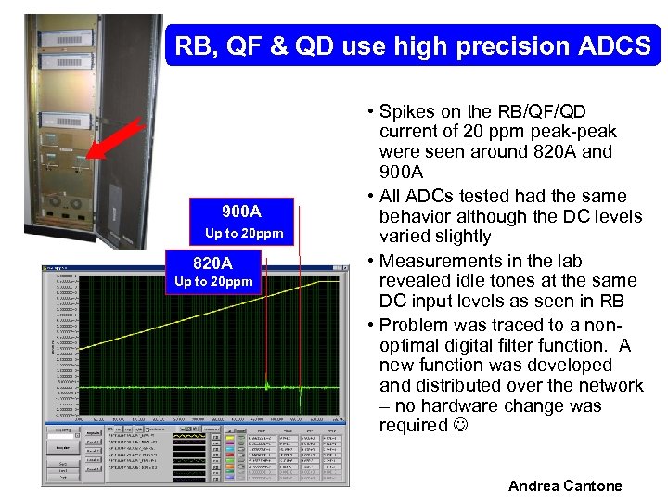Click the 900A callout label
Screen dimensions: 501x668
click(241, 212)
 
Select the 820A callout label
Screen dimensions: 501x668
click(212, 263)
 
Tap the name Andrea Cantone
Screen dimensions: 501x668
click(565, 486)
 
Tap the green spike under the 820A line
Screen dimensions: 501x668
click(267, 381)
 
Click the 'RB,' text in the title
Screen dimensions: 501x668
click(198, 45)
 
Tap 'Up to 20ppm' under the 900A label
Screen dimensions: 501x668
click(243, 232)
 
